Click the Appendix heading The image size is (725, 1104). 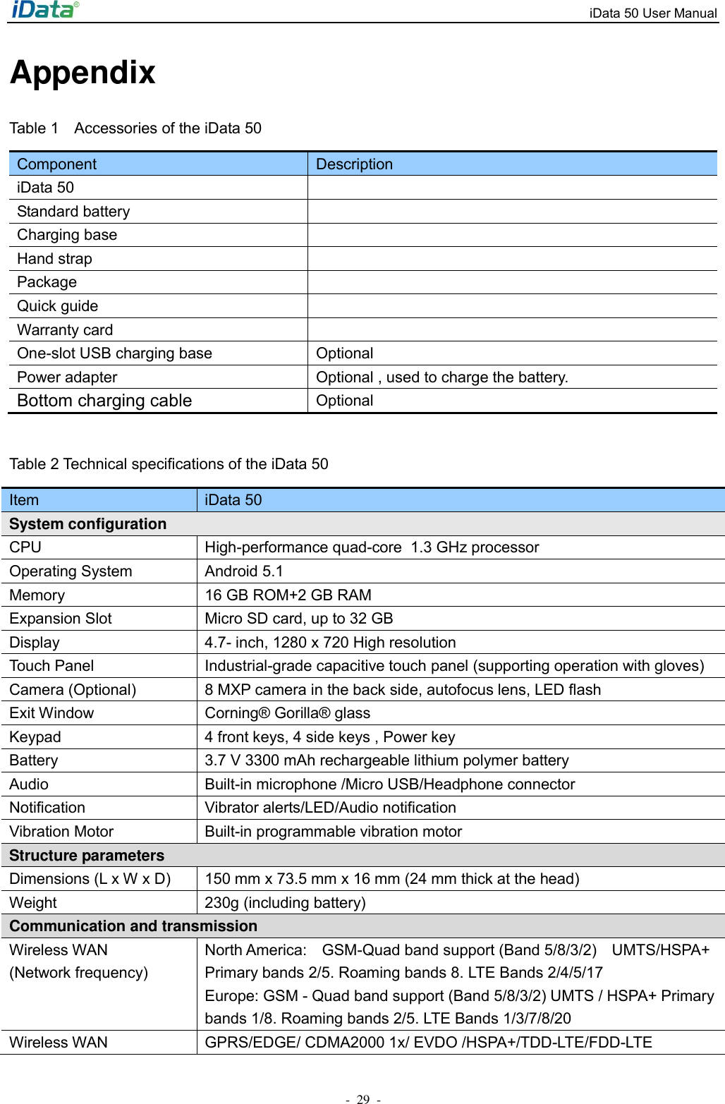coord(83,73)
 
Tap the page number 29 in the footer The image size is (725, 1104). coord(362,1098)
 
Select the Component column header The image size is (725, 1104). coord(56,164)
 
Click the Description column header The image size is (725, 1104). coord(354,164)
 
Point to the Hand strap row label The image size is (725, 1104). coord(54,259)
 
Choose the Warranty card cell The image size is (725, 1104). coord(65,330)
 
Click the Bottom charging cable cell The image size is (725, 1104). coord(104,401)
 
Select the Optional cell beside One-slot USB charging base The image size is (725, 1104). coord(344,353)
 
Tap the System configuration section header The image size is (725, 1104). coord(88,524)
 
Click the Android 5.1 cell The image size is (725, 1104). coord(243,571)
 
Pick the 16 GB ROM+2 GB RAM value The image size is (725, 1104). coord(288,595)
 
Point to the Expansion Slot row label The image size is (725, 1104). coord(61,619)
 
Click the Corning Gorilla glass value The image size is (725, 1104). coord(287,713)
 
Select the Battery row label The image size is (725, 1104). coord(34,760)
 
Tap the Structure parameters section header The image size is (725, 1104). coord(87,856)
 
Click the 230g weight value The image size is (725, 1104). coord(285,903)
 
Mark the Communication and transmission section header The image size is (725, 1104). coord(133,926)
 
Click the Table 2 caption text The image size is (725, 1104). coord(169,464)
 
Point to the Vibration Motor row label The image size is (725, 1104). coord(61,832)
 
